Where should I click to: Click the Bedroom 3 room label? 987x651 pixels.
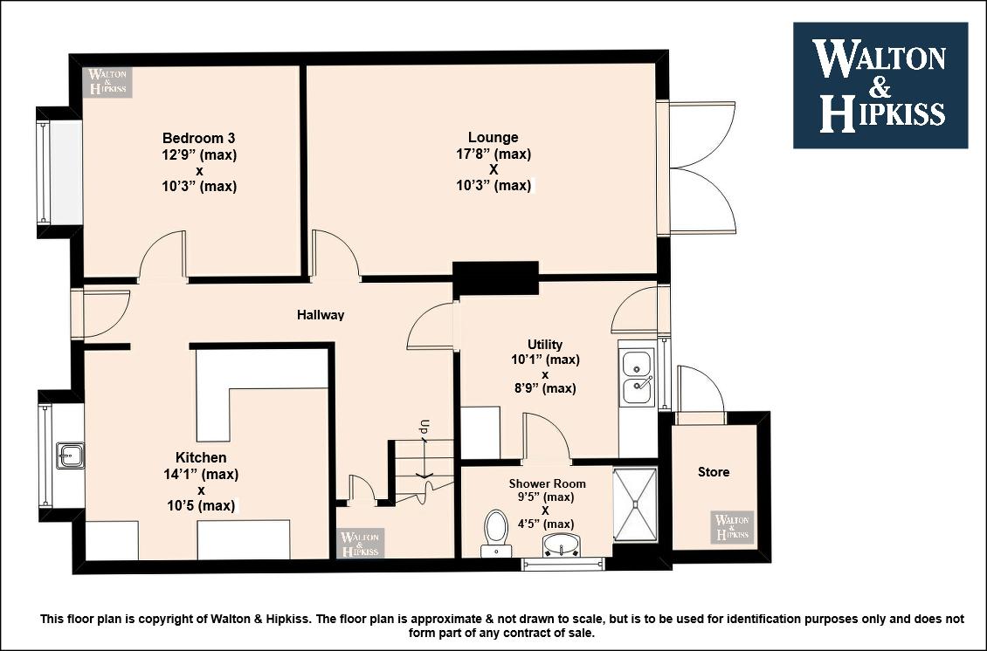pyautogui.click(x=199, y=138)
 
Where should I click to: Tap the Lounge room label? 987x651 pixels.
pyautogui.click(x=493, y=137)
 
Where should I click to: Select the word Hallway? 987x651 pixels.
pyautogui.click(x=321, y=314)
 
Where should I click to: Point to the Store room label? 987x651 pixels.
pyautogui.click(x=714, y=472)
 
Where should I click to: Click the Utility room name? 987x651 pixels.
pyautogui.click(x=545, y=345)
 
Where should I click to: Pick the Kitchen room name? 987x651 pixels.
pyautogui.click(x=201, y=457)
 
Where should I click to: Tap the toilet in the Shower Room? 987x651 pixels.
pyautogui.click(x=496, y=533)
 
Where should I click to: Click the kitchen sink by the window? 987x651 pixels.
pyautogui.click(x=70, y=456)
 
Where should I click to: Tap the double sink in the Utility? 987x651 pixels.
pyautogui.click(x=637, y=377)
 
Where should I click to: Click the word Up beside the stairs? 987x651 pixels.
pyautogui.click(x=424, y=427)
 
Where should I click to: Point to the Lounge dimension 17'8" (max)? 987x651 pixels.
pyautogui.click(x=493, y=154)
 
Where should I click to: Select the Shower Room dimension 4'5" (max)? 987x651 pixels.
pyautogui.click(x=545, y=524)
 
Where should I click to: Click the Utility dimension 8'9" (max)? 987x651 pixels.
pyautogui.click(x=545, y=388)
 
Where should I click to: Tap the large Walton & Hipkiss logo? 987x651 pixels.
pyautogui.click(x=880, y=86)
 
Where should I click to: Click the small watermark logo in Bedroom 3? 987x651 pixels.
pyautogui.click(x=107, y=82)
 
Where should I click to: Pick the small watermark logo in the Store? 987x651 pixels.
pyautogui.click(x=732, y=527)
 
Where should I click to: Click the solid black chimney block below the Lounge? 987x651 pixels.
pyautogui.click(x=495, y=278)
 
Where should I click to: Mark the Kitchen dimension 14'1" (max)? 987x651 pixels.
pyautogui.click(x=201, y=474)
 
